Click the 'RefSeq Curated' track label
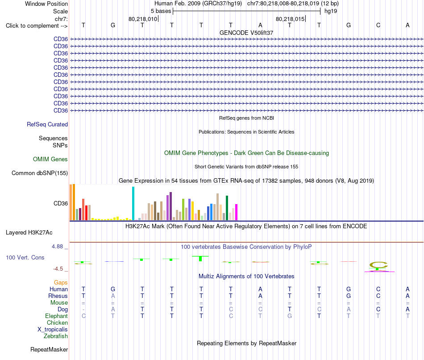coord(47,125)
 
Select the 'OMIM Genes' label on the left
coord(50,159)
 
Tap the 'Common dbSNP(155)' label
coord(40,173)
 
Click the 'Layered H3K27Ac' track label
coord(29,233)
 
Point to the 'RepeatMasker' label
coord(49,349)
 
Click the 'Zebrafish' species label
coord(56,336)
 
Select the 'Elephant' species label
coord(57,316)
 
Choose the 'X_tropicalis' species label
coord(53,330)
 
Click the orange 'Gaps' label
coord(61,283)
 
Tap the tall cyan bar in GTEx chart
coord(133,203)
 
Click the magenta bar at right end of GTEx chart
coord(237,212)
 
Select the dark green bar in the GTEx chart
coord(227,208)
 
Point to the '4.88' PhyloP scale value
coord(57,247)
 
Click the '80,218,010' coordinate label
coord(143,19)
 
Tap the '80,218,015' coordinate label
coord(290,19)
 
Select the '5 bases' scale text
coord(161,11)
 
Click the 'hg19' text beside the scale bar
coord(331,11)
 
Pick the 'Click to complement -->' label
coord(37,26)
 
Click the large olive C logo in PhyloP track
coord(378,265)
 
